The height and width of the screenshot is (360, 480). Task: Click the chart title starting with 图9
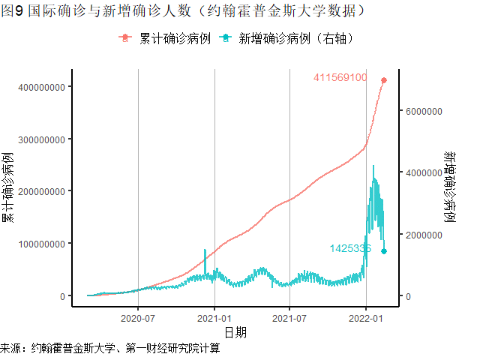point(184,10)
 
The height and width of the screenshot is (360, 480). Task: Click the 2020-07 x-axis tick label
point(139,317)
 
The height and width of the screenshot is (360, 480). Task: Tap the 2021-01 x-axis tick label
point(214,317)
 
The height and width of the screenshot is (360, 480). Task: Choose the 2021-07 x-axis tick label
point(289,317)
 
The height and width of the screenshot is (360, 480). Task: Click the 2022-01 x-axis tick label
point(365,317)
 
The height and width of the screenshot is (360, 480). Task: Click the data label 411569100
point(340,77)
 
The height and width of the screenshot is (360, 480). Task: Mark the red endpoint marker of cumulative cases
point(384,80)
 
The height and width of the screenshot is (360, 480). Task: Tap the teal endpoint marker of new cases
point(384,251)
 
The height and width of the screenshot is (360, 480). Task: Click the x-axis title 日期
point(235,331)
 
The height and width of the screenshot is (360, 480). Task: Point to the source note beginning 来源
point(110,349)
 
